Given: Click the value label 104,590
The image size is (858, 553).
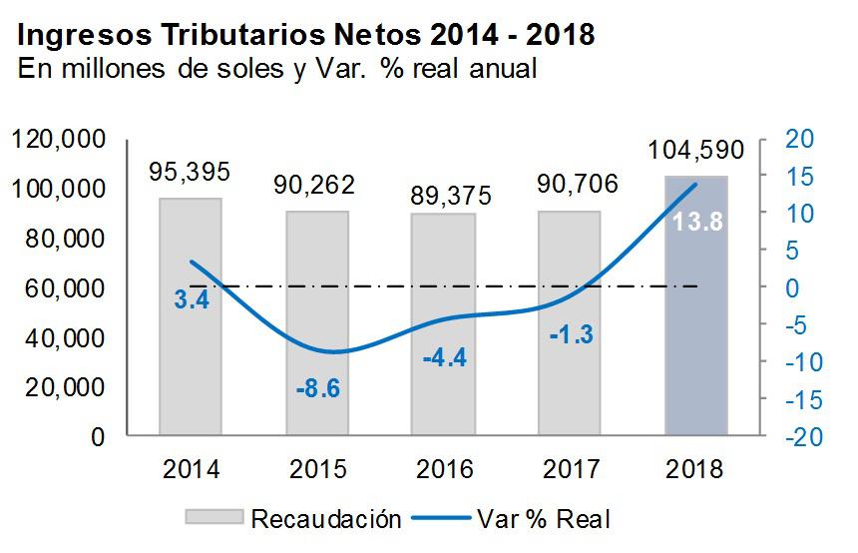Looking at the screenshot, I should (x=695, y=151).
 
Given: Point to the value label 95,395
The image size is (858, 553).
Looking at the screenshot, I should (x=190, y=172).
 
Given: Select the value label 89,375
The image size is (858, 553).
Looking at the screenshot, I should (x=443, y=195).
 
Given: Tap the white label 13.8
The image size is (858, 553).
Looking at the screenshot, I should (x=696, y=221).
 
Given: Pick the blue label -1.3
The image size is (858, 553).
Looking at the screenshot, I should (x=571, y=334).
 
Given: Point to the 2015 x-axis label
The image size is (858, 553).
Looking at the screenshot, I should (x=317, y=467).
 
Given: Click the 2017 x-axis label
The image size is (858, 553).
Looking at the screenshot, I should (x=570, y=467).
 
